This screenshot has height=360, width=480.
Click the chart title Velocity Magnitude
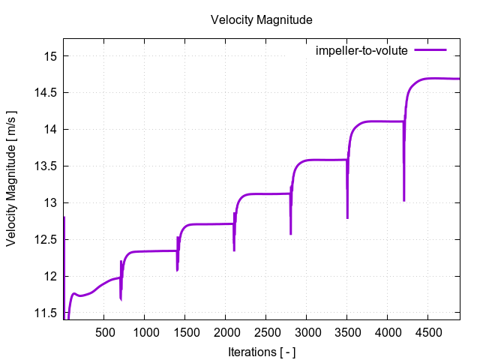pyautogui.click(x=260, y=19)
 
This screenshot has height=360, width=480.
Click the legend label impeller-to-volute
pyautogui.click(x=361, y=51)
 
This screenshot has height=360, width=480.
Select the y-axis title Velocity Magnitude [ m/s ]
pyautogui.click(x=12, y=178)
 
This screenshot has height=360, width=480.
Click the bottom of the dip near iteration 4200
pyautogui.click(x=404, y=200)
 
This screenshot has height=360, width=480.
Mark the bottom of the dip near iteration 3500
pyautogui.click(x=347, y=218)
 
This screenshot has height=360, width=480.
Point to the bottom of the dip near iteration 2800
pyautogui.click(x=290, y=234)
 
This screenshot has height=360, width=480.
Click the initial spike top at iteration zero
pyautogui.click(x=64, y=217)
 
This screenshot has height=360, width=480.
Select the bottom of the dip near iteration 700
pyautogui.click(x=121, y=300)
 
